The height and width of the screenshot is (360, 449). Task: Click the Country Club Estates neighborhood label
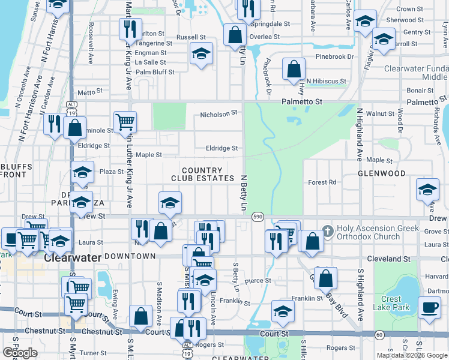click(x=202, y=175)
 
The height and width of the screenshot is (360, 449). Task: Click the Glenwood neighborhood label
click(x=382, y=173)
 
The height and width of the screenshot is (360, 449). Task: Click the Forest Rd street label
click(x=322, y=182)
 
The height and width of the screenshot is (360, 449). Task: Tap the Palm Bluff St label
click(x=155, y=72)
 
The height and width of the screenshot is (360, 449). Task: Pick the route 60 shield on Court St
click(x=379, y=334)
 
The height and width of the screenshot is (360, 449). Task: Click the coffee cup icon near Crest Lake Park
click(x=429, y=308)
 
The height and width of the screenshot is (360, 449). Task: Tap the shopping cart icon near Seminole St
click(x=125, y=122)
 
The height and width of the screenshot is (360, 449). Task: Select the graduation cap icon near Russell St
click(x=202, y=53)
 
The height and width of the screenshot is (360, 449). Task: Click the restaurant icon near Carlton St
click(x=130, y=28)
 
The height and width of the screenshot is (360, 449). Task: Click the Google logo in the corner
click(x=20, y=353)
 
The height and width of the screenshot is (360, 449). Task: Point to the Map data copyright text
click(x=412, y=355)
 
